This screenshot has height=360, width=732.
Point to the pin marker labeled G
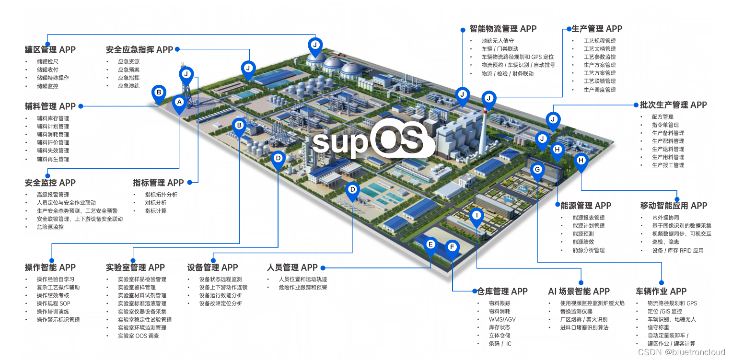(x=537, y=170)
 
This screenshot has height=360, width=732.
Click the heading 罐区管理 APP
(x=50, y=49)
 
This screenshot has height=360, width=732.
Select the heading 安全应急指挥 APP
(x=139, y=49)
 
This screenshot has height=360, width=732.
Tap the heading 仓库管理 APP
(x=502, y=291)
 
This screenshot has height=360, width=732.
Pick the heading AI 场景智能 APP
(x=579, y=291)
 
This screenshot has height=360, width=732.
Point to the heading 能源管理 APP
(x=586, y=205)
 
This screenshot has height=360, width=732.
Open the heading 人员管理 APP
(x=292, y=267)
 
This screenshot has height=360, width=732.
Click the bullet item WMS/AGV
(x=502, y=319)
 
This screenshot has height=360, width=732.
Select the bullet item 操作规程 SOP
(x=53, y=303)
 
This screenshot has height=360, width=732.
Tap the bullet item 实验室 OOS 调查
(x=139, y=336)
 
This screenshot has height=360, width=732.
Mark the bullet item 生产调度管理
(x=599, y=90)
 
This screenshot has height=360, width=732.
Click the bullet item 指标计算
(x=156, y=211)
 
